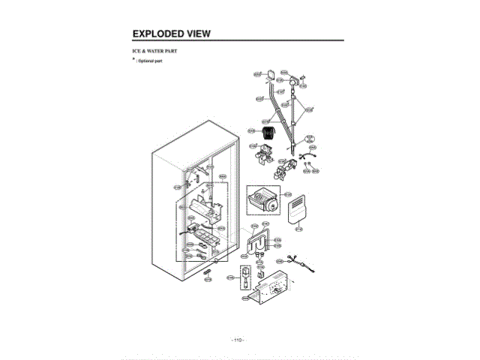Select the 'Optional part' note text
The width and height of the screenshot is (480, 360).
(x=150, y=60)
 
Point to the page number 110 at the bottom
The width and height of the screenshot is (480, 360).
(x=238, y=340)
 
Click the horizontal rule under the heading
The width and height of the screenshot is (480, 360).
(x=237, y=40)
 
